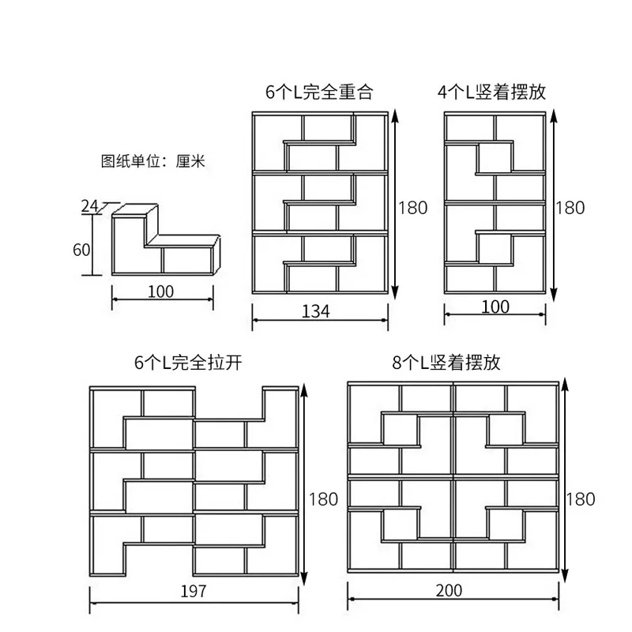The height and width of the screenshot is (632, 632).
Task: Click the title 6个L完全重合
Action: (319, 92)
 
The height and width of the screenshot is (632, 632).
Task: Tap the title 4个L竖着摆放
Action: (491, 92)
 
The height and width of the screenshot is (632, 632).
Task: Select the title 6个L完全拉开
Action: (187, 363)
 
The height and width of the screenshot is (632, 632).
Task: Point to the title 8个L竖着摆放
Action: (446, 363)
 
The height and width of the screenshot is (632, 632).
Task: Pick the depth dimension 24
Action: (89, 207)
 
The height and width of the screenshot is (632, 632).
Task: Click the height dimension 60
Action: (81, 250)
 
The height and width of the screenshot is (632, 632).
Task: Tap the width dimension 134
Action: (316, 311)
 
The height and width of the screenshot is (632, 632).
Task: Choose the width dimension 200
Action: (448, 590)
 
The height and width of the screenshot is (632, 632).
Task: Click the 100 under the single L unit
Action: (160, 292)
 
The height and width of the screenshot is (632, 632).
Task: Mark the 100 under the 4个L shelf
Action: (495, 307)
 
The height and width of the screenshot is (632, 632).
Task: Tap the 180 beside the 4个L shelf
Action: (571, 208)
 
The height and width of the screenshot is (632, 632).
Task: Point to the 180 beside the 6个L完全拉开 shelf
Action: (324, 498)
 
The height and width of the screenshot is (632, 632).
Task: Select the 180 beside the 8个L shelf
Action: (581, 498)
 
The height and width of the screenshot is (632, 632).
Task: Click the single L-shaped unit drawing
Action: (164, 241)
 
